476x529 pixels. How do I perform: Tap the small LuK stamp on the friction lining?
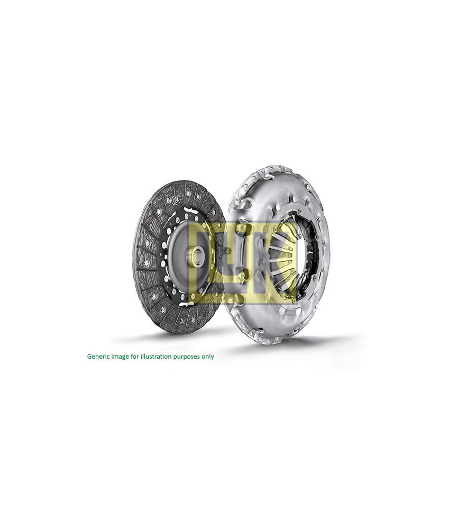click(175, 200)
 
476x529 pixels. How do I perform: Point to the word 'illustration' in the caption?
click(154, 356)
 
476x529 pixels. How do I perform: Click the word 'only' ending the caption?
click(207, 357)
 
